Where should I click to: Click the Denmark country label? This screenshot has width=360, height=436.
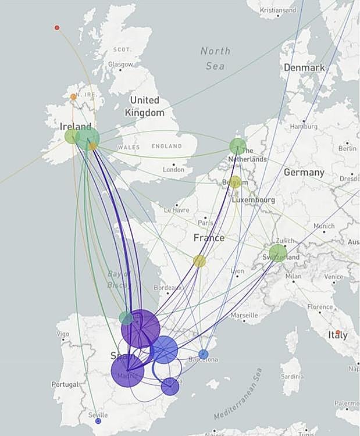[304, 67]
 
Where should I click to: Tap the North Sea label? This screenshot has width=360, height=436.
[215, 58]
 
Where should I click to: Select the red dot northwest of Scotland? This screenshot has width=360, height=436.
[57, 27]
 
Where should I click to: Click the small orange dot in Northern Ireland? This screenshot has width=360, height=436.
[73, 97]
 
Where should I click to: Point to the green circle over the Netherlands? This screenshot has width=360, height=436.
[237, 146]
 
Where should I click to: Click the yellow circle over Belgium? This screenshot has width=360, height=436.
[235, 182]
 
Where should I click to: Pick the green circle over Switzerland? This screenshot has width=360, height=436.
[278, 253]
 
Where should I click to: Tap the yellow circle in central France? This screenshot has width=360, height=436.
[199, 261]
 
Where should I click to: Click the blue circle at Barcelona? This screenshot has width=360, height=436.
[203, 354]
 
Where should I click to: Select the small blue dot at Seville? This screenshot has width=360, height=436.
[98, 420]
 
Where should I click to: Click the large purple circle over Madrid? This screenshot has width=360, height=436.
[127, 370]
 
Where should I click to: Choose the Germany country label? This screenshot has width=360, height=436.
[304, 173]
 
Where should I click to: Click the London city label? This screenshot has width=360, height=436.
[173, 170]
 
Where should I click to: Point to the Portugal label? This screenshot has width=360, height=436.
[65, 384]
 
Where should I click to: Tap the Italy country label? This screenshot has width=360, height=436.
[337, 335]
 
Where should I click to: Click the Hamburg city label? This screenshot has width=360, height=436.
[304, 126]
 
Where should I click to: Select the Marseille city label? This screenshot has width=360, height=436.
[244, 315]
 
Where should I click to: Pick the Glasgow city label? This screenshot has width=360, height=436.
[120, 64]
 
